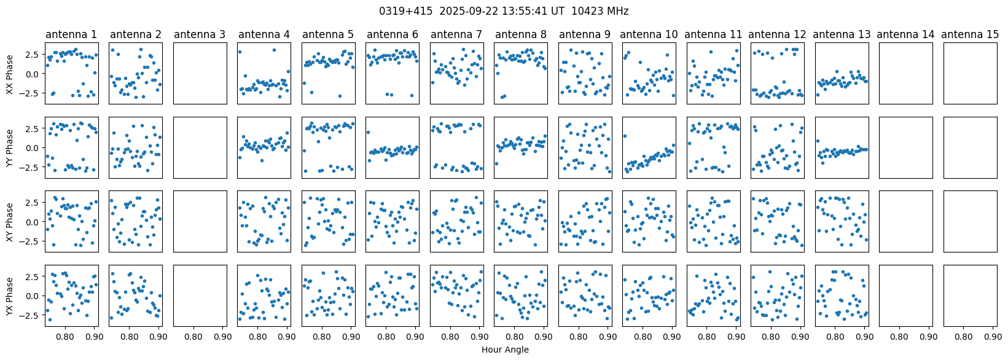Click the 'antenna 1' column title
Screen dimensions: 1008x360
(71, 34)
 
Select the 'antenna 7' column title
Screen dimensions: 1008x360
(456, 34)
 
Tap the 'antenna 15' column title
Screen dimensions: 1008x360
(970, 34)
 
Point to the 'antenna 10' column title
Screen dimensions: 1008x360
(649, 34)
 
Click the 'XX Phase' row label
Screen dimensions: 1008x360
(10, 74)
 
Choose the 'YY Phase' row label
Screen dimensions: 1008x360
(10, 148)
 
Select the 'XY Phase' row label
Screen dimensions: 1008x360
(10, 222)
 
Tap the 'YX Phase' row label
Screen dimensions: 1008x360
(10, 296)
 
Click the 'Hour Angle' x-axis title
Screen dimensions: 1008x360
(505, 350)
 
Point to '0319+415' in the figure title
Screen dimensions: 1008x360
(406, 11)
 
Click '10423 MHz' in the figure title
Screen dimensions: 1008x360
(600, 11)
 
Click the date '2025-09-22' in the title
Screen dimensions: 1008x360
(469, 11)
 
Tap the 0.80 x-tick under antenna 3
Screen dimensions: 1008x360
(193, 336)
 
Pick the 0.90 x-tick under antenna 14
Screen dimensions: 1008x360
(929, 336)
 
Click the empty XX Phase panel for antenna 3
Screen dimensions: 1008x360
(200, 73)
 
